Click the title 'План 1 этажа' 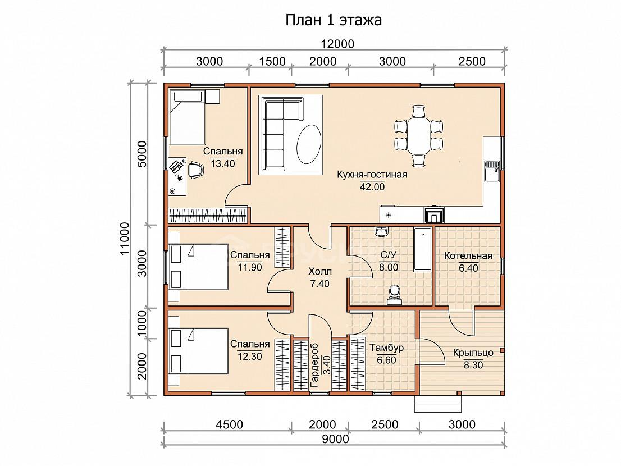334,20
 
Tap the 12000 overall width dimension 337,44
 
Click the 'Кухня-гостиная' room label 372,174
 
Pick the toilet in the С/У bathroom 395,295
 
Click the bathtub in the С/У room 423,249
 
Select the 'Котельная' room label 468,256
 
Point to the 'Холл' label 320,272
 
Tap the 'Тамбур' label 386,348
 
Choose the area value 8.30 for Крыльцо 473,364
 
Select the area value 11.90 249,267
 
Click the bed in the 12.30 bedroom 198,351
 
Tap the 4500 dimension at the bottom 229,424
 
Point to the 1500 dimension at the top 272,61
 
